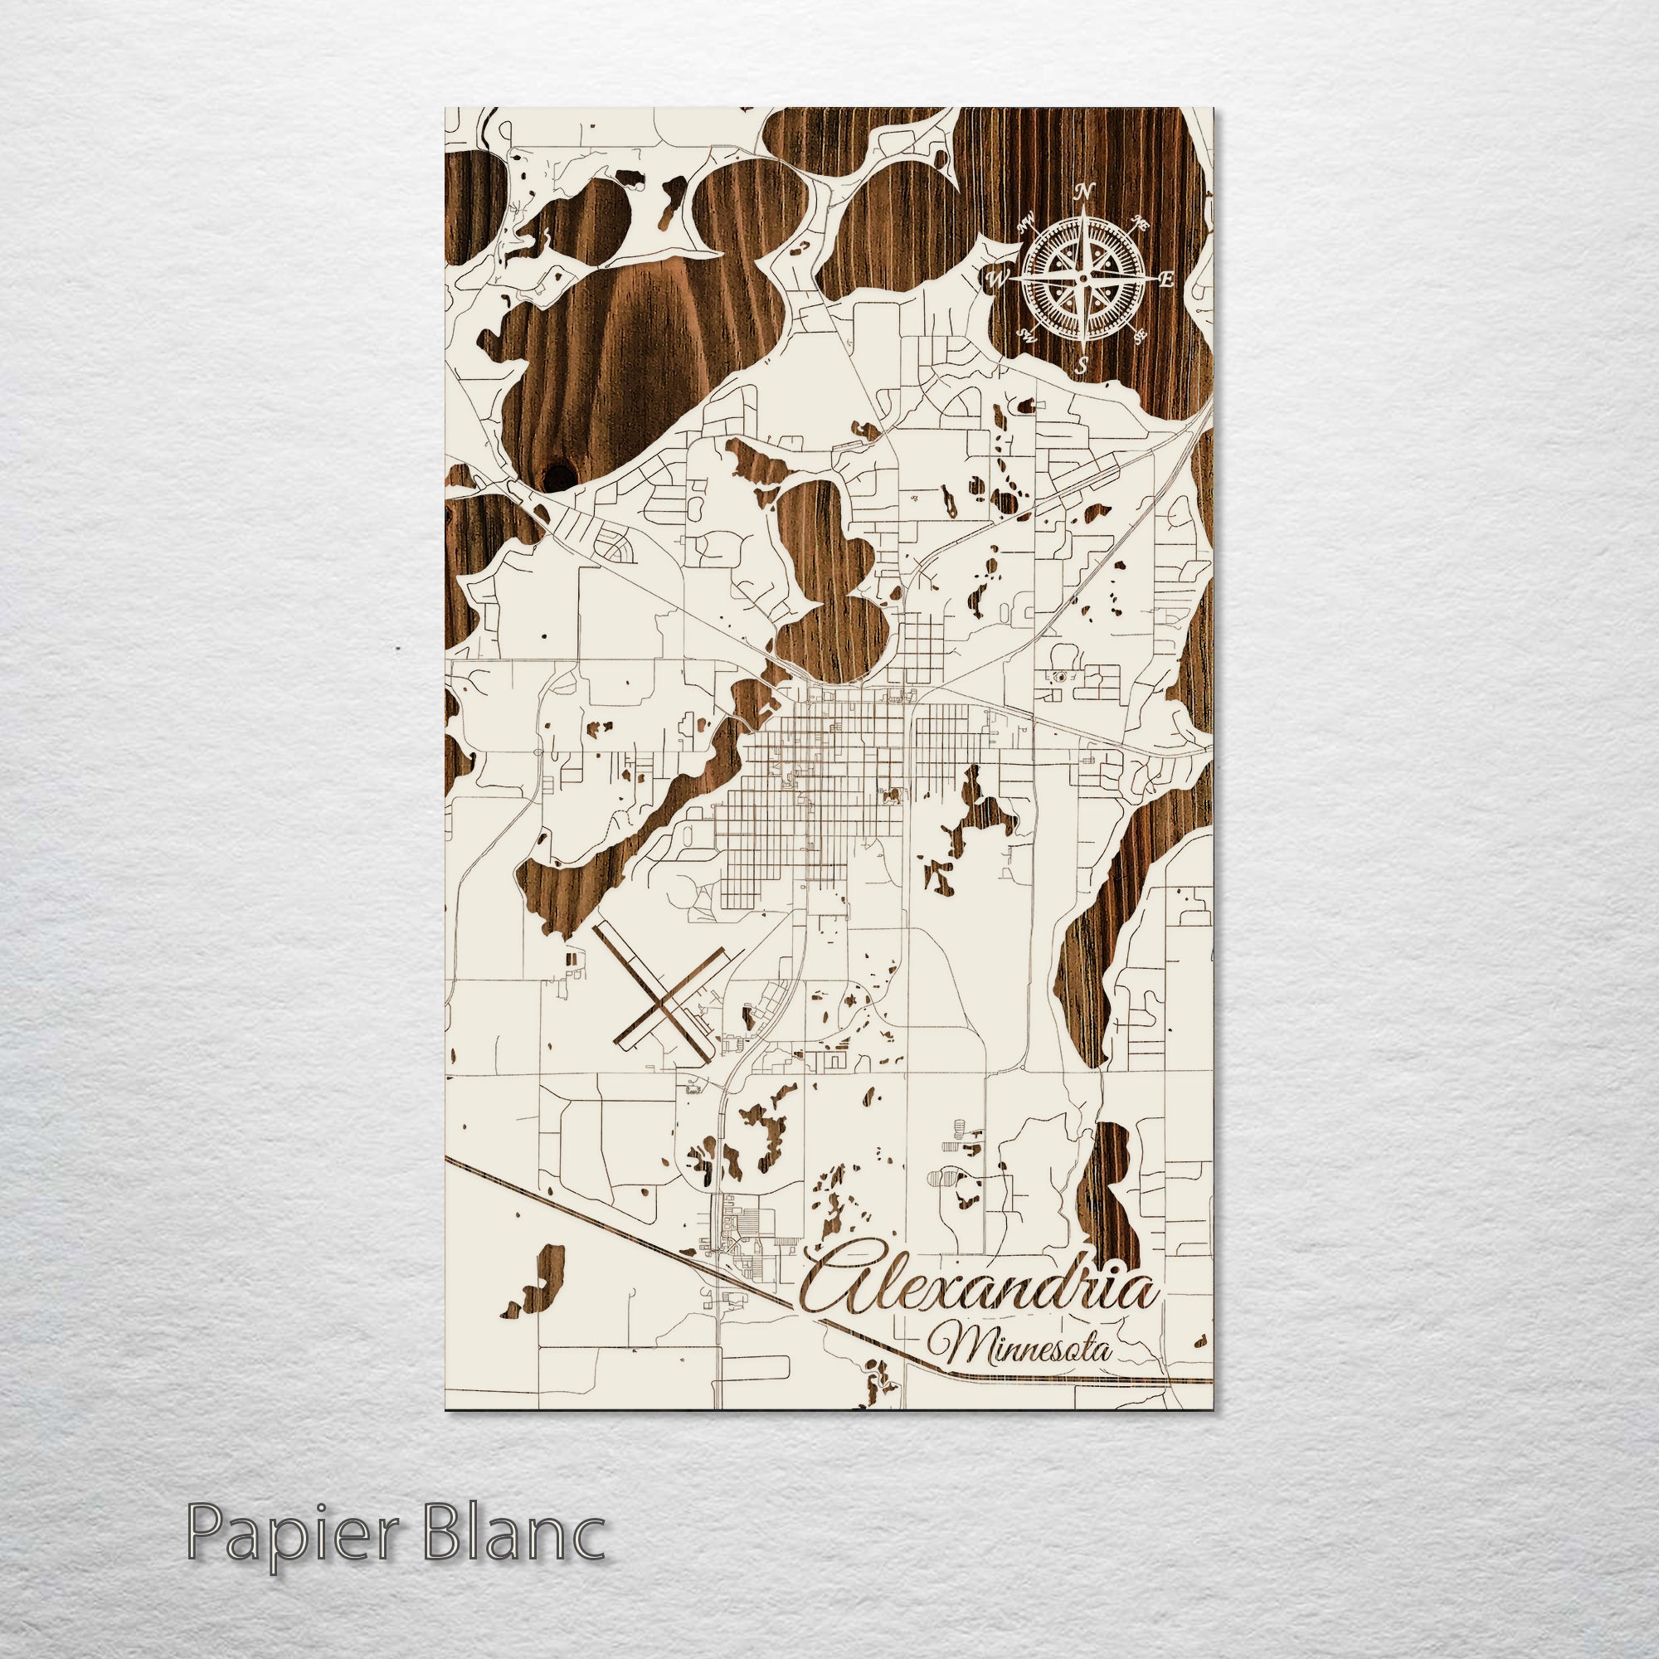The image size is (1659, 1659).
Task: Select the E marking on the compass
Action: [x=1166, y=279]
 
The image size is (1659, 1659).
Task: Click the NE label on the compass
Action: [x=1141, y=223]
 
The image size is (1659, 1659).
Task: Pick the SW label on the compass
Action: [x=1025, y=334]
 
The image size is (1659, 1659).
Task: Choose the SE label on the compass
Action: [x=1141, y=336]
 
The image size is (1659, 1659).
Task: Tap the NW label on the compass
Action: [x=1025, y=226]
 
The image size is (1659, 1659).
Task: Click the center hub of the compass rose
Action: [x=1083, y=278]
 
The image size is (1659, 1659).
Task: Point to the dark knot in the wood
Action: [x=560, y=473]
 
